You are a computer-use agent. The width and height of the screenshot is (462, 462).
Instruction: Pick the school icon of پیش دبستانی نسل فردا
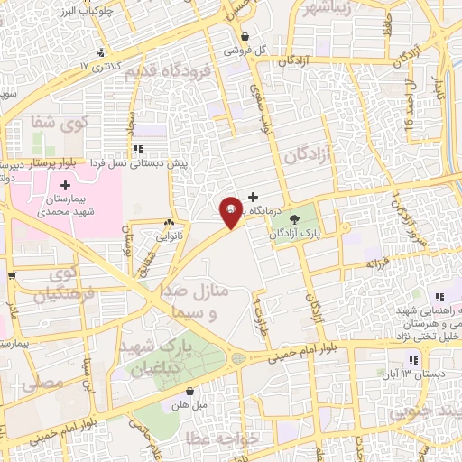coord(136,149)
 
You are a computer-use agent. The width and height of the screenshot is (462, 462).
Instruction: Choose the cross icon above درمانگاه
coord(253,196)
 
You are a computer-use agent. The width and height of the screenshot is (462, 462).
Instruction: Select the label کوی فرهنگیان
coord(63,282)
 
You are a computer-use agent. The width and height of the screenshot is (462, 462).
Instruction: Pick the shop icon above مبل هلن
coord(190,391)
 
